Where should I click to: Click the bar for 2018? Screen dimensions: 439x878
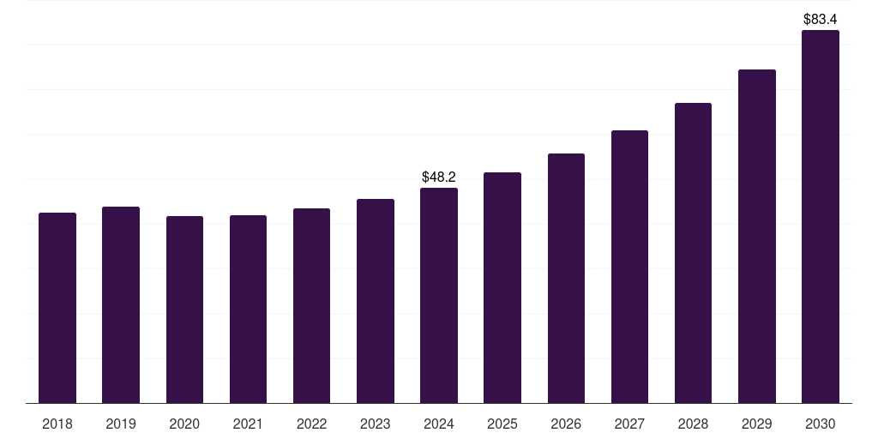pyautogui.click(x=57, y=308)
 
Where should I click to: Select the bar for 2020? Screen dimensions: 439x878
pyautogui.click(x=184, y=310)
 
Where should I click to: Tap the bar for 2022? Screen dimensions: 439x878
pyautogui.click(x=311, y=306)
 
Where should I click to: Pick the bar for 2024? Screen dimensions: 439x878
pyautogui.click(x=439, y=296)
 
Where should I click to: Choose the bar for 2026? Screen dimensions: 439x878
pyautogui.click(x=566, y=279)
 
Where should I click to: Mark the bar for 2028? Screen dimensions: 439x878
pyautogui.click(x=693, y=253)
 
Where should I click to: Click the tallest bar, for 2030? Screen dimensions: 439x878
pyautogui.click(x=821, y=217)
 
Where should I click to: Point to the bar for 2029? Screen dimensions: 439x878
pyautogui.click(x=757, y=237)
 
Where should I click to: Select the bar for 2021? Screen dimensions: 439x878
pyautogui.click(x=248, y=310)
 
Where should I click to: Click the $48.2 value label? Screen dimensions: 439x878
pyautogui.click(x=439, y=177)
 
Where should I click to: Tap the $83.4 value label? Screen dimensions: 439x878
pyautogui.click(x=821, y=19)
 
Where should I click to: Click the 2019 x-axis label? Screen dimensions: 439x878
pyautogui.click(x=121, y=424)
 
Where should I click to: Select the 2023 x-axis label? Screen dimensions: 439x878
pyautogui.click(x=376, y=424)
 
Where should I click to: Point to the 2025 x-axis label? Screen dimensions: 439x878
pyautogui.click(x=502, y=424)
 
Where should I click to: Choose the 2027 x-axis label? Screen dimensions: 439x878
pyautogui.click(x=629, y=424)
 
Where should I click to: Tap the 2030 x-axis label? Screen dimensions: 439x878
pyautogui.click(x=821, y=424)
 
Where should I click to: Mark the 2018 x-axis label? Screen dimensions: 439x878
pyautogui.click(x=57, y=424)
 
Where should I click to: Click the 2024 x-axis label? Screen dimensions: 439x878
pyautogui.click(x=439, y=424)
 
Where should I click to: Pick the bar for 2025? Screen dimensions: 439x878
pyautogui.click(x=502, y=288)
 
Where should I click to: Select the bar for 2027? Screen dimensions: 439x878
pyautogui.click(x=629, y=267)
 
